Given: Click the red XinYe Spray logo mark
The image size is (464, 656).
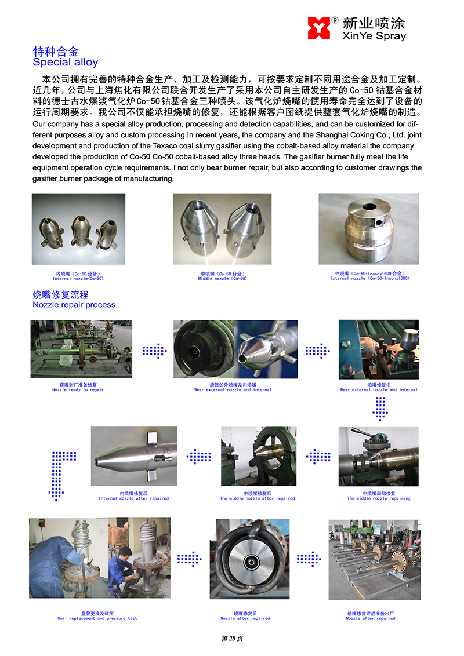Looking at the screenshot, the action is [x=318, y=28].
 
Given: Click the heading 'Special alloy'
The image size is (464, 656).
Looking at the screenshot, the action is [x=66, y=63].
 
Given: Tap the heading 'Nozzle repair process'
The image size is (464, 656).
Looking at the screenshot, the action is [x=74, y=305].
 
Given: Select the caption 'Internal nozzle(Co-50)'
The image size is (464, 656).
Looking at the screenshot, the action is [x=78, y=279].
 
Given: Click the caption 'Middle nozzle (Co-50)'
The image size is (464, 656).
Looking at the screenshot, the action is [x=222, y=279].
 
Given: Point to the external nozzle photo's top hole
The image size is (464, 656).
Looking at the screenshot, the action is [x=369, y=207].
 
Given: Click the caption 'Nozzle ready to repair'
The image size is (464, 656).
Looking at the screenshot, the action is [x=78, y=390].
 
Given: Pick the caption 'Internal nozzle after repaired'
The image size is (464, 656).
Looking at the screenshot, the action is [x=133, y=499].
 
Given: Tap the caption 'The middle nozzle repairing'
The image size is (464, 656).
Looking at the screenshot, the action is [x=379, y=499].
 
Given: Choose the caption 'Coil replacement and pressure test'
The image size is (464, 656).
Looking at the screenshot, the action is [x=97, y=618].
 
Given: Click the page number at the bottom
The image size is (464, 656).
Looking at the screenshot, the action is [x=232, y=639].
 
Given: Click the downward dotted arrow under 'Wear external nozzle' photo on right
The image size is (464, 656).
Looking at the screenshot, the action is [x=380, y=409].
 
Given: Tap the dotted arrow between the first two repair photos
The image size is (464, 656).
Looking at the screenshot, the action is [x=154, y=351].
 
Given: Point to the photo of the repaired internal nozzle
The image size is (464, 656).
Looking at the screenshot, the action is [x=134, y=456].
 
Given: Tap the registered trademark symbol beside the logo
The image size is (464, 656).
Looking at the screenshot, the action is [x=335, y=20].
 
